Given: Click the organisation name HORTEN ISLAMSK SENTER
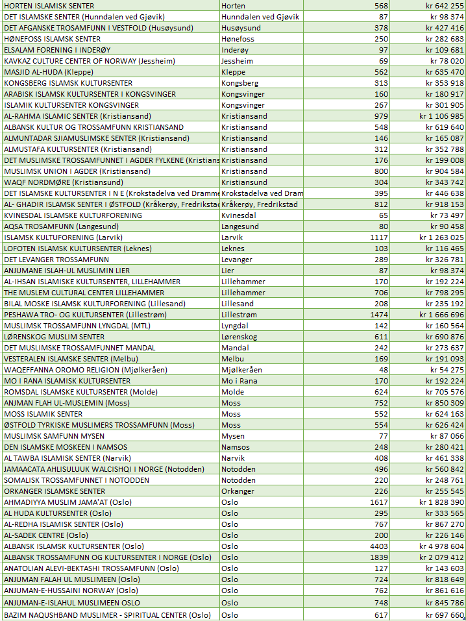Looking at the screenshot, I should (x=49, y=6).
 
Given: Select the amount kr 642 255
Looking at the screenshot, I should (x=445, y=6).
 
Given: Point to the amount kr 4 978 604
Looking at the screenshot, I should (x=441, y=546).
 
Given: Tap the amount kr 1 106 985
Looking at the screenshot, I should (x=441, y=116).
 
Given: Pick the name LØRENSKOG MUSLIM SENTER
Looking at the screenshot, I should (x=54, y=337).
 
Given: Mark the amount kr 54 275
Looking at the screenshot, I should (x=447, y=370).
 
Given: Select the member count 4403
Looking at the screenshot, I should (x=378, y=546).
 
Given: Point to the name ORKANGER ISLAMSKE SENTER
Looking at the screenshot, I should (x=55, y=491).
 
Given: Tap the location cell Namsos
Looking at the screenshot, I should (x=235, y=447).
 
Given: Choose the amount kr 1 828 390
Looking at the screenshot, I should (x=441, y=502).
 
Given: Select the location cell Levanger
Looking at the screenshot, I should (x=238, y=260).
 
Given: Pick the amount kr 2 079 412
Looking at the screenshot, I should (x=441, y=557).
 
